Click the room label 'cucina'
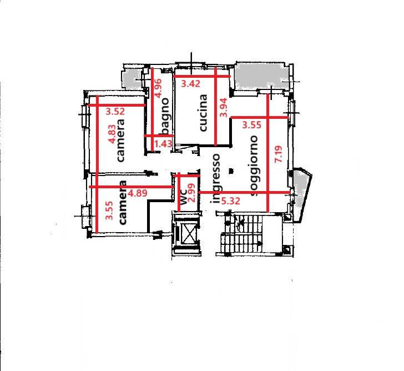(x=203, y=113)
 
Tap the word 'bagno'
(x=165, y=117)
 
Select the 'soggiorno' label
(x=254, y=166)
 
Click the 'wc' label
(x=183, y=197)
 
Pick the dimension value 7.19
(x=279, y=154)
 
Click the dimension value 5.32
(x=231, y=200)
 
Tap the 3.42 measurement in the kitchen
(x=190, y=84)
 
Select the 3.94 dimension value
(x=224, y=108)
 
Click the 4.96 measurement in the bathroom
(x=158, y=88)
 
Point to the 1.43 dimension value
(x=163, y=143)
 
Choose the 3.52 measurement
(x=115, y=112)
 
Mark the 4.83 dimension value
(x=113, y=134)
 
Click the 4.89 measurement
(x=138, y=193)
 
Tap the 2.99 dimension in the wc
(x=191, y=193)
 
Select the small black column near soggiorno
(x=231, y=171)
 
